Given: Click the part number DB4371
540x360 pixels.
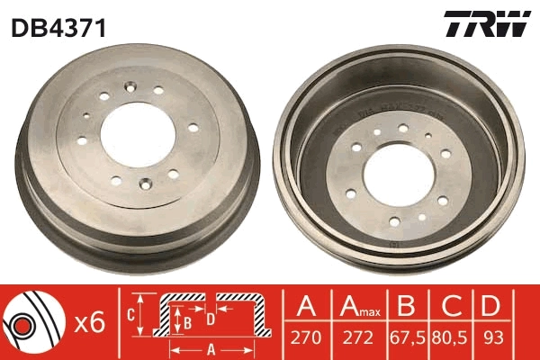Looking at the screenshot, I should tap(58, 28).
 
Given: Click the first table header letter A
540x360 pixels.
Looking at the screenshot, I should tap(308, 308).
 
